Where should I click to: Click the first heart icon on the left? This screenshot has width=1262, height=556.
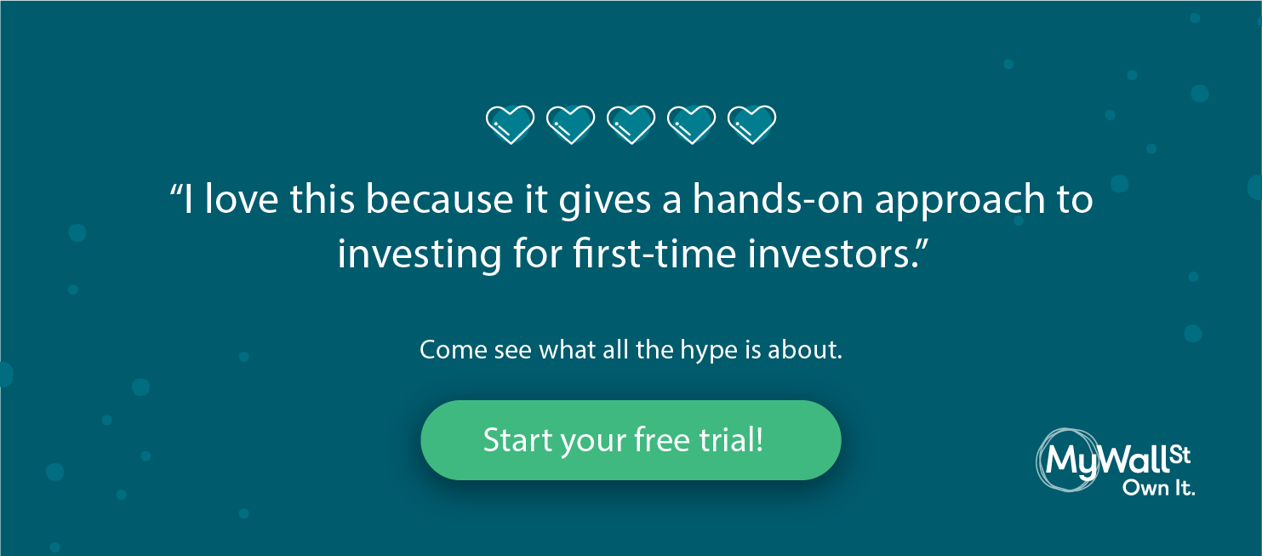510,124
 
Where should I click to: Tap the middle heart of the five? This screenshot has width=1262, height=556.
631,124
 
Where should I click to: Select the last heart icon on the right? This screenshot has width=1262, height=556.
751,124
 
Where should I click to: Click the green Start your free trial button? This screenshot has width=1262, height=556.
631,440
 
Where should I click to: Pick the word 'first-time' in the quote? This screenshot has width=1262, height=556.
654,253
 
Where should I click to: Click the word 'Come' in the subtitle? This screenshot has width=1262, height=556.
453,350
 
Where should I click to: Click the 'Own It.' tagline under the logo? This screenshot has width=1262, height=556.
1158,489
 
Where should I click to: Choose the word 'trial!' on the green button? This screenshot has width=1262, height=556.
731,440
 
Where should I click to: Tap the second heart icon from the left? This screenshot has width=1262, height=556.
570,124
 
